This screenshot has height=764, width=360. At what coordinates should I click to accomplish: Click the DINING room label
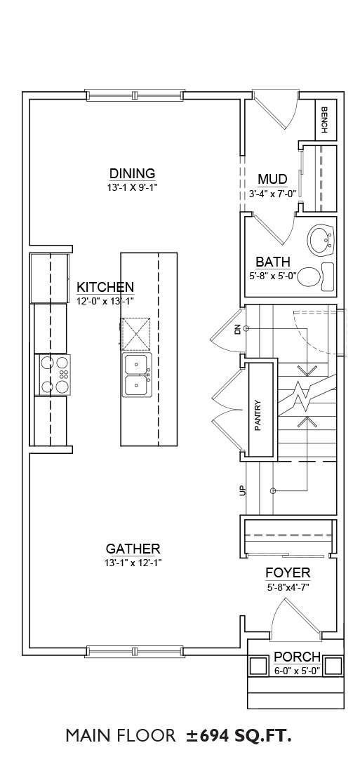point(132,173)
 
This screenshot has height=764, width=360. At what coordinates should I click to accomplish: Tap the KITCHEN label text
point(106,286)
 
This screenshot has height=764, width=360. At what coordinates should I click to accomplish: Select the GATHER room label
point(133,549)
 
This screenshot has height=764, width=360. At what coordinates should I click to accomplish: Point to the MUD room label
point(272,179)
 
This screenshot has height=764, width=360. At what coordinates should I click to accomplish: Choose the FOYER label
point(288,572)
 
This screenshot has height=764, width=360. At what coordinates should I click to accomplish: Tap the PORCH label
point(297,657)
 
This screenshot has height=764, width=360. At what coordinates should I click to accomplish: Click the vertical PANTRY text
point(258,415)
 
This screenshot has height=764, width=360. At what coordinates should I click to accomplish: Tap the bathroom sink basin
point(321,240)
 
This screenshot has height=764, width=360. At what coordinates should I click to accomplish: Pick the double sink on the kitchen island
point(137,374)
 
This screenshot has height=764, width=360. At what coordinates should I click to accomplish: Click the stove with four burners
point(53,374)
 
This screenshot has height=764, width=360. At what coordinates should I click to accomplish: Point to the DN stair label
point(238,330)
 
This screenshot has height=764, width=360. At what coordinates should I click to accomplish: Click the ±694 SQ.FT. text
point(238,735)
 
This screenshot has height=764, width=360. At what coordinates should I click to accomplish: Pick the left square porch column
point(258,665)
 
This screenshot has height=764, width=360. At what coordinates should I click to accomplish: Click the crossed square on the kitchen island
point(135,334)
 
